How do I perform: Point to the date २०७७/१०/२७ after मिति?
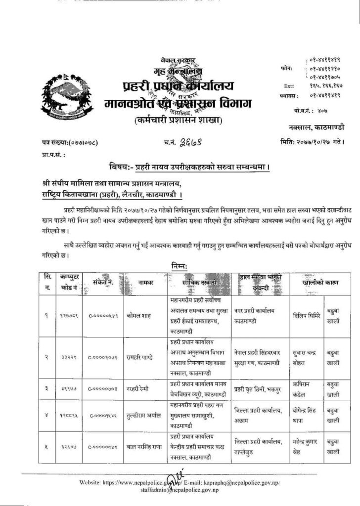click(312, 143)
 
